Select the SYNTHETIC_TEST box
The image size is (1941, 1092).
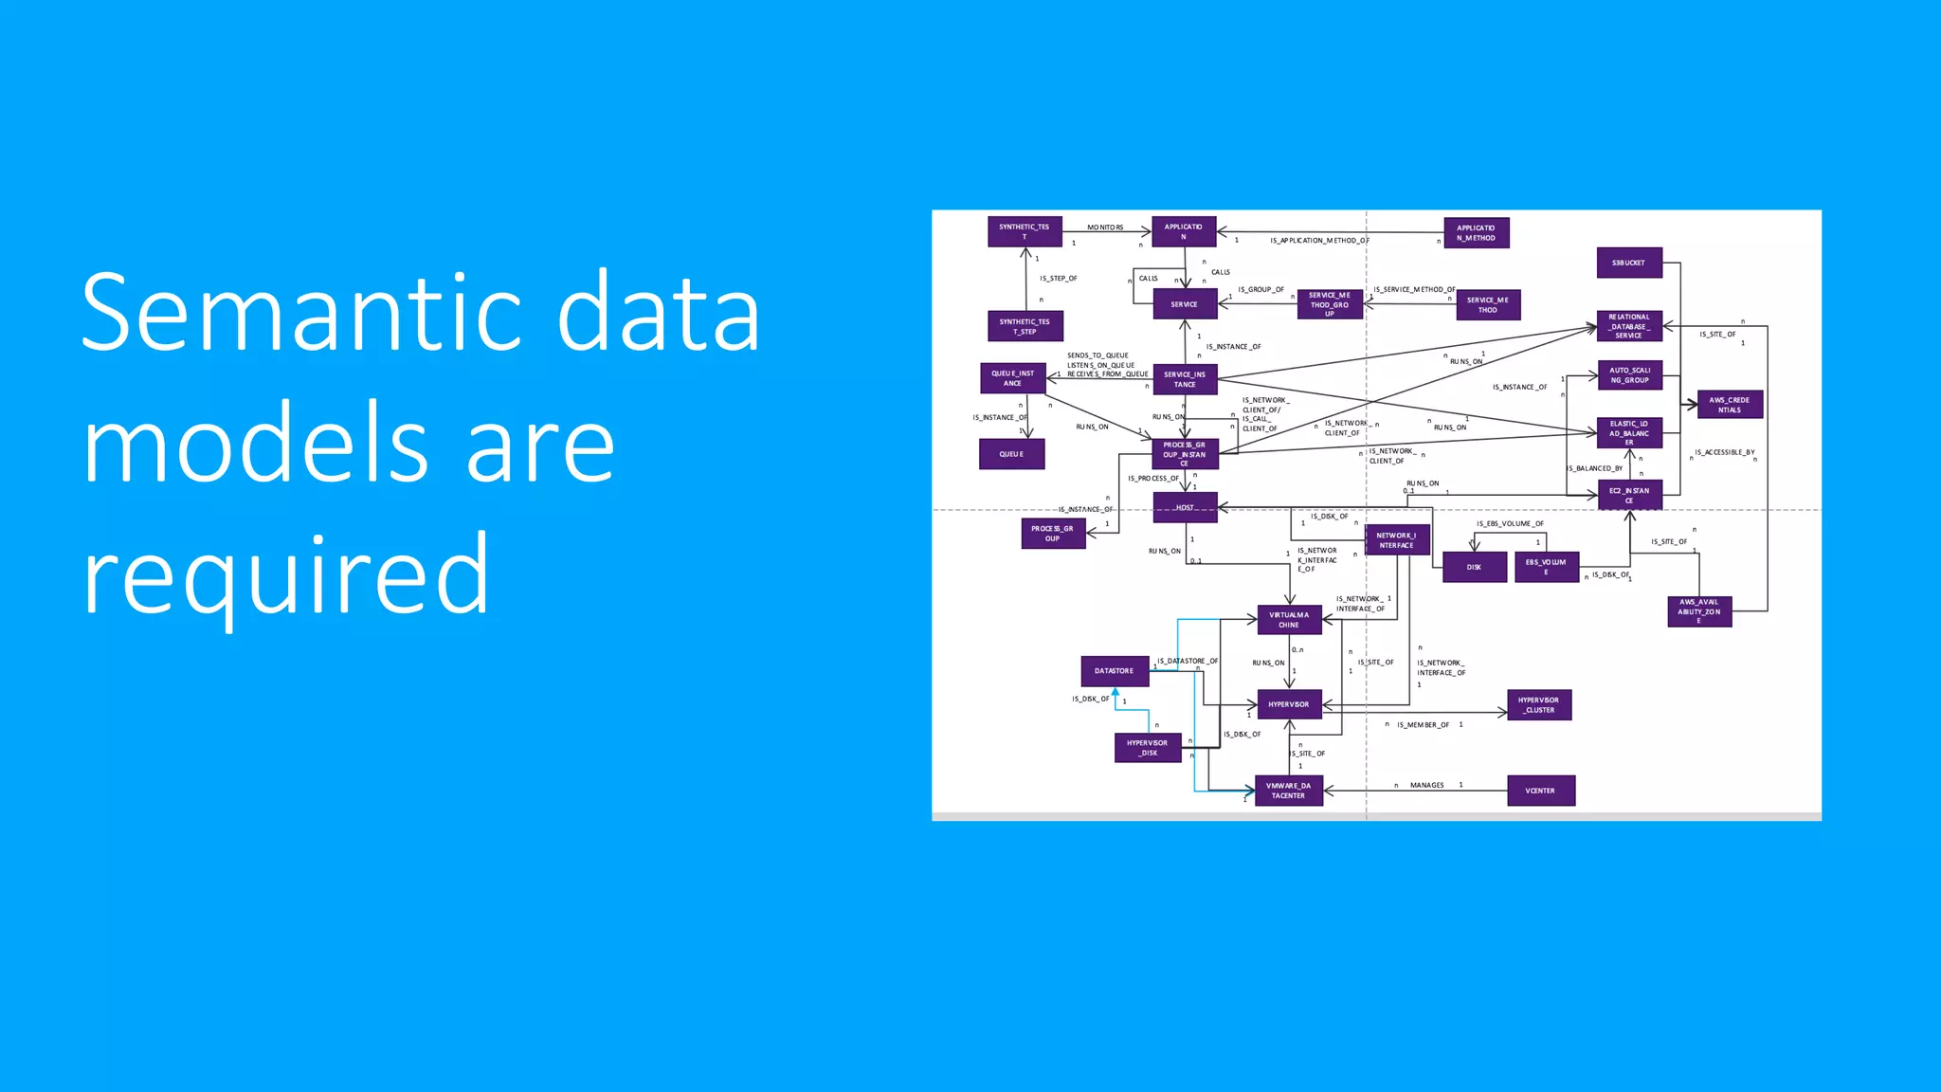(1025, 232)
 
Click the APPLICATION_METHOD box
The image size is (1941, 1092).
(1476, 233)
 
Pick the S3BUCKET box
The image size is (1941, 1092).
(1629, 263)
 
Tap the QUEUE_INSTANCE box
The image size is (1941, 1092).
(1012, 378)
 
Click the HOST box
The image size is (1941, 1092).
(1185, 507)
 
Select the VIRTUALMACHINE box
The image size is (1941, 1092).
(1289, 620)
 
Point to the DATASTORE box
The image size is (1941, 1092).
(1115, 671)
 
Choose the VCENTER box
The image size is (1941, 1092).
(1540, 791)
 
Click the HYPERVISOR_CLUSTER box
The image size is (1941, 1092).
(1538, 705)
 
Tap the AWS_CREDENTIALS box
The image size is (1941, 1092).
(1730, 405)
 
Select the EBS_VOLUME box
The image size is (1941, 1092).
(1546, 567)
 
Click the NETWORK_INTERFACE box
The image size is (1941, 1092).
(1397, 540)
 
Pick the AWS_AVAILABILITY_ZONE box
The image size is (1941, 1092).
(1699, 611)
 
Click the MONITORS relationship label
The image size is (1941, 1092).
(1105, 227)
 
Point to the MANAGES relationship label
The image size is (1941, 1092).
(1426, 785)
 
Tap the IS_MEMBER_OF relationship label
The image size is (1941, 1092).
(1423, 725)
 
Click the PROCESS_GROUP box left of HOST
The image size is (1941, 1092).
(1053, 534)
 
